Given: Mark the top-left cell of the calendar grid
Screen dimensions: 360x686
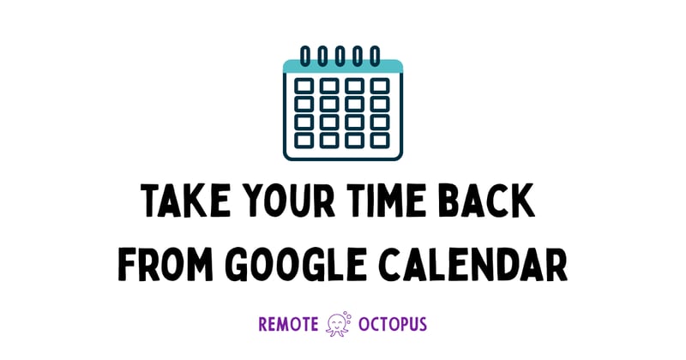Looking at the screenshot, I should [x=304, y=87].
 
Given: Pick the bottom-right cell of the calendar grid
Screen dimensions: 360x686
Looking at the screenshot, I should [x=380, y=139].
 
